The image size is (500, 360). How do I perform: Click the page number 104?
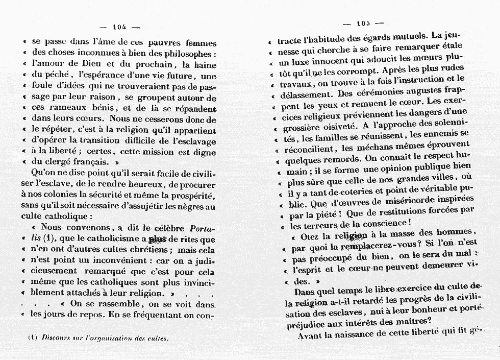(x=119, y=27)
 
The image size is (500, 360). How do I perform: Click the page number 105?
(x=363, y=23)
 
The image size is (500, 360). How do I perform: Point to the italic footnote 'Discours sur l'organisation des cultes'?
(x=105, y=338)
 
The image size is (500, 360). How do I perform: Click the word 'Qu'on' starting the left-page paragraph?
(x=42, y=173)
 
